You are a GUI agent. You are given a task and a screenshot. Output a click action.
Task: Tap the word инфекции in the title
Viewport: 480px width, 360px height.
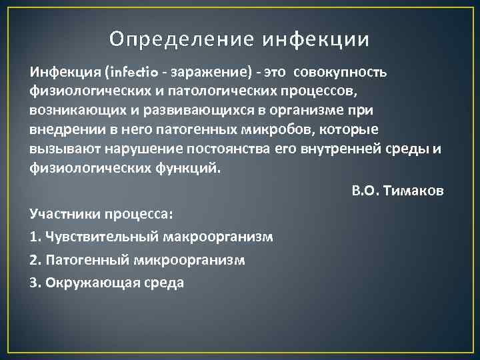(x=315, y=40)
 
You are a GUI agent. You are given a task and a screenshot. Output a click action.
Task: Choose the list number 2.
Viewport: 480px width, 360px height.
(x=34, y=260)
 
